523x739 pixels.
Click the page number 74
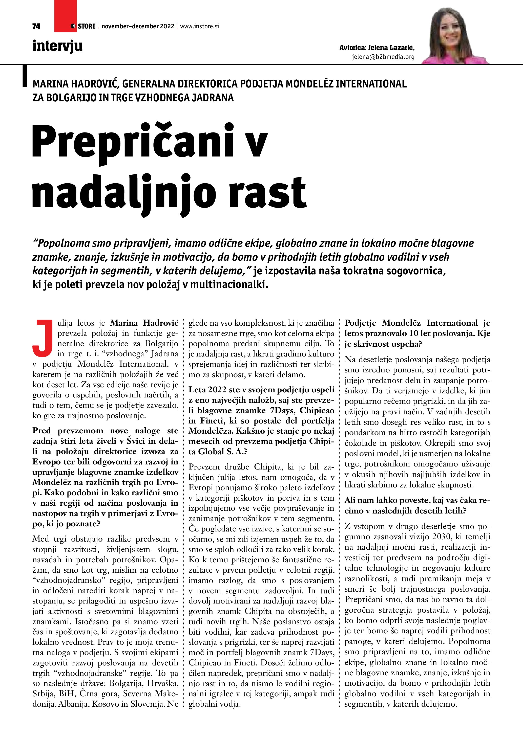click(x=36, y=26)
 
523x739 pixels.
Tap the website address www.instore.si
click(x=199, y=26)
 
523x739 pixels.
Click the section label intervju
click(x=57, y=46)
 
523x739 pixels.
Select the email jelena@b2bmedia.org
click(x=383, y=57)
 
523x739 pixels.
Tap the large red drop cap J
click(x=43, y=338)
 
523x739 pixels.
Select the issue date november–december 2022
click(x=138, y=26)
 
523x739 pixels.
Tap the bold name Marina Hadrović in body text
click(x=144, y=323)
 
